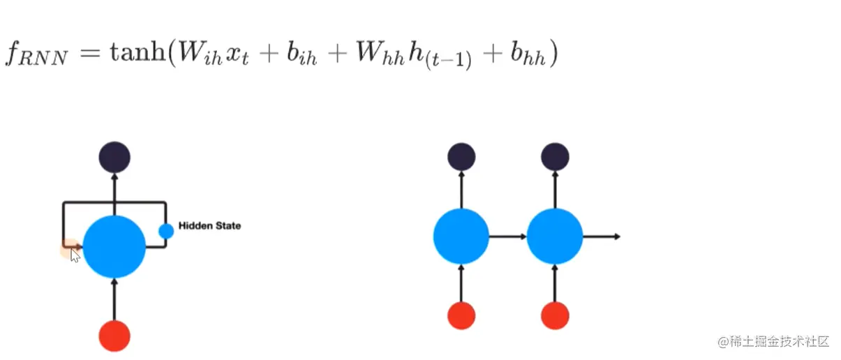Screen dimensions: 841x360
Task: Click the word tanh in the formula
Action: (x=136, y=54)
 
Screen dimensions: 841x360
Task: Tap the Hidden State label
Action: (x=209, y=225)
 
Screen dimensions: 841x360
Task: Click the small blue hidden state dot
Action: (x=166, y=231)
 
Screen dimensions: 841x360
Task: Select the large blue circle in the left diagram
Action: (x=114, y=246)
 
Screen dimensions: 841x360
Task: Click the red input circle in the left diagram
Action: (x=114, y=336)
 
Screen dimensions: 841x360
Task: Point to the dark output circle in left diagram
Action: (x=114, y=157)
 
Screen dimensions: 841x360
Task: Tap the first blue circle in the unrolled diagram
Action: (x=461, y=237)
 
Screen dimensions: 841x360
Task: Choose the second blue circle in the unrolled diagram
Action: (x=555, y=237)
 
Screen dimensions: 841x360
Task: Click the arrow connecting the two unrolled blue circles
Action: (x=507, y=237)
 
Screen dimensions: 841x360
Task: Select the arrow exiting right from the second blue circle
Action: (x=602, y=237)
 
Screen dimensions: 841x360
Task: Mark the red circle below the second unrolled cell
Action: (x=555, y=315)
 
